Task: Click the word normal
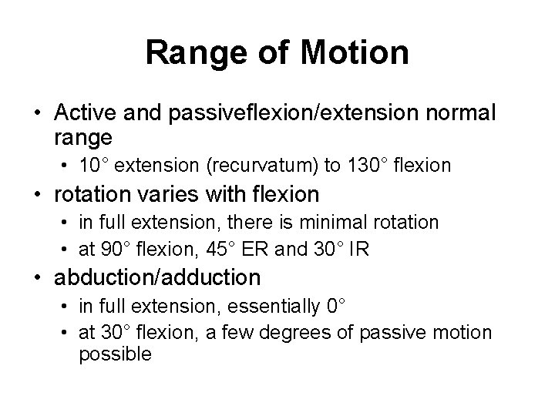(465, 113)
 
